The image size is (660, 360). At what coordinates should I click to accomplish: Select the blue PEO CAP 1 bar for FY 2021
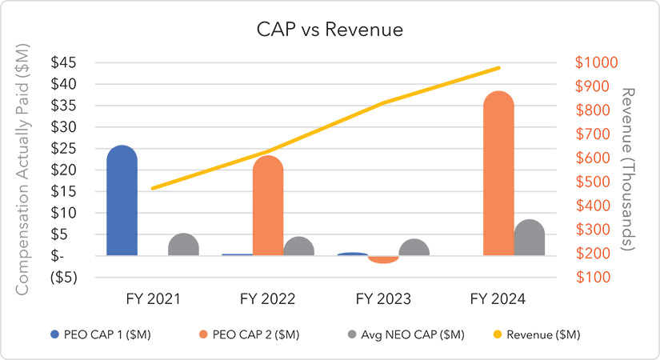(x=122, y=202)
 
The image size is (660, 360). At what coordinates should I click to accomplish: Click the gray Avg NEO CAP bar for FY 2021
(x=183, y=245)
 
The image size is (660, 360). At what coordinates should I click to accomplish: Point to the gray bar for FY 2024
(x=529, y=238)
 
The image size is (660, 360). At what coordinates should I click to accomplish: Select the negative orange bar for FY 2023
(x=383, y=259)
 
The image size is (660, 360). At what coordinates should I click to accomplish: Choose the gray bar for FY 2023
(x=414, y=248)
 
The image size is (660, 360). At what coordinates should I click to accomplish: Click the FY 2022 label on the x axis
(x=268, y=299)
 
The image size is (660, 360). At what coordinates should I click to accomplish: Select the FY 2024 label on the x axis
(x=498, y=299)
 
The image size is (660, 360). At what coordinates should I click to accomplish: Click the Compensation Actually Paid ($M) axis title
(x=22, y=170)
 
